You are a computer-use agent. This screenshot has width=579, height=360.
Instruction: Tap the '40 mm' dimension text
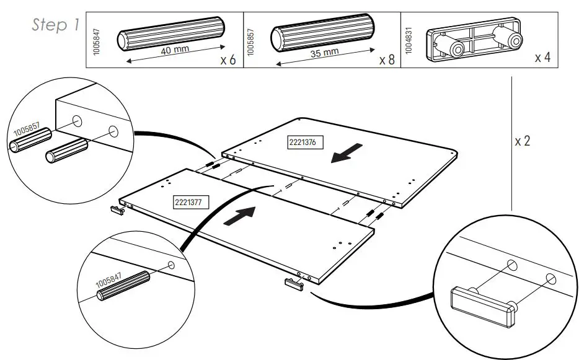click(x=174, y=50)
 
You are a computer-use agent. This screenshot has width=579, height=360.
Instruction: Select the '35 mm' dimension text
click(x=325, y=53)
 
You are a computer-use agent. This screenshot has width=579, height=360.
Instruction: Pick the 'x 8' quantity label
click(x=386, y=60)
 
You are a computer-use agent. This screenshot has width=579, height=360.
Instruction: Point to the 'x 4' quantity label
click(x=542, y=58)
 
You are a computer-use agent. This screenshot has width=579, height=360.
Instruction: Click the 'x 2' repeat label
click(x=523, y=141)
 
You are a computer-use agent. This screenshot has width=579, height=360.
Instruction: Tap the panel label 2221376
click(x=302, y=143)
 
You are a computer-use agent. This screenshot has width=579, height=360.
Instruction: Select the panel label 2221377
click(x=188, y=201)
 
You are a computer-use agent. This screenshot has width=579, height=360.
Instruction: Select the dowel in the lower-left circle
click(x=124, y=286)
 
